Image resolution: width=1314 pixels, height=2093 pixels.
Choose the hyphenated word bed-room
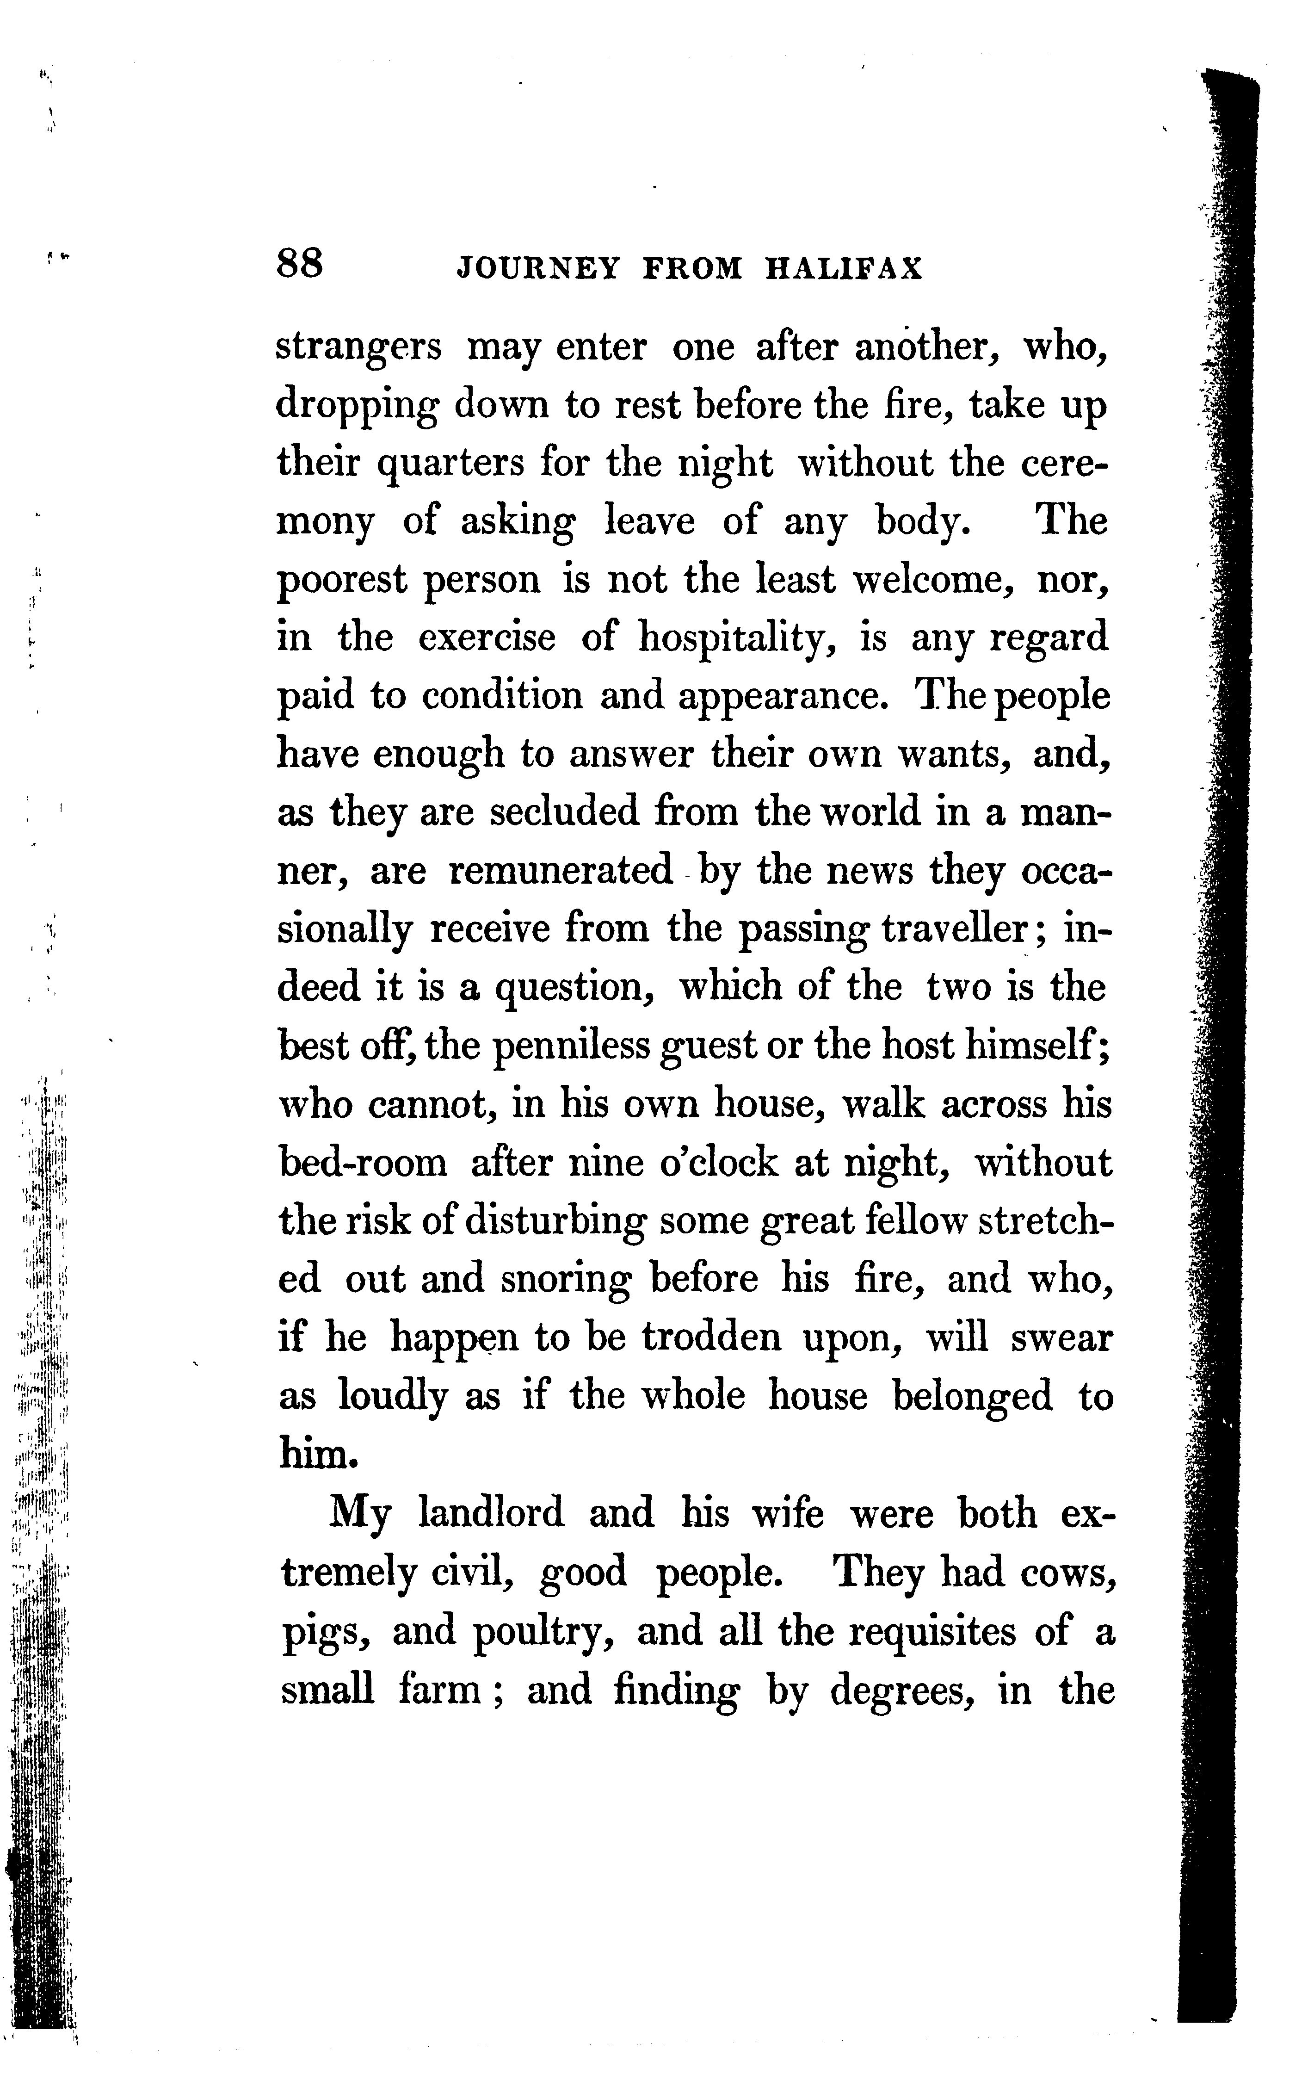363,1163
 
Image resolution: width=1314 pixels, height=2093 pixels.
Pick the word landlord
491,1513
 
